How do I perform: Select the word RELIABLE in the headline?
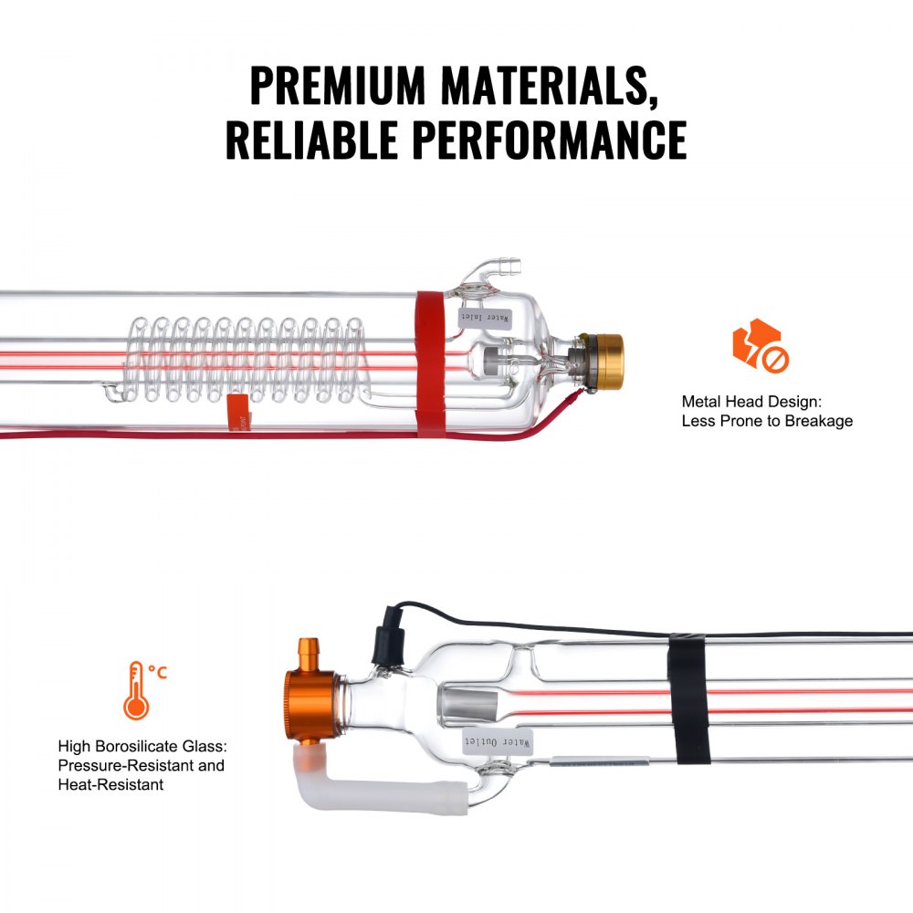311,139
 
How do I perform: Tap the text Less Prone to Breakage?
767,421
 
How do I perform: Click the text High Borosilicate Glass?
140,746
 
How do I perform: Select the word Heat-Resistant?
110,784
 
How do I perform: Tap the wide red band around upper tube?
431,363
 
